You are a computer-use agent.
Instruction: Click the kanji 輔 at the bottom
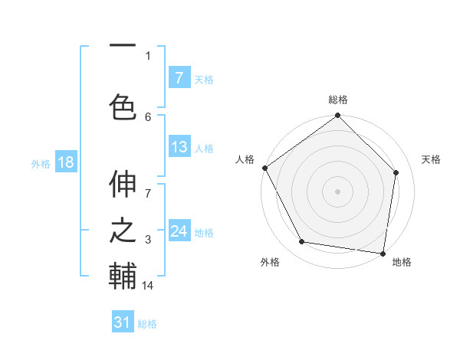(123, 276)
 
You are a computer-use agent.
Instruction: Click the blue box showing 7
(179, 78)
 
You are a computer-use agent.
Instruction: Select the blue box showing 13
(179, 148)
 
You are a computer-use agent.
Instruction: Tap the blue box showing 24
(179, 232)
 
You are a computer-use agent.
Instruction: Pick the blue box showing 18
(65, 163)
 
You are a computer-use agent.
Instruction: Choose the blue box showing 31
(123, 323)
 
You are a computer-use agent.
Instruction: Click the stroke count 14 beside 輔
(148, 286)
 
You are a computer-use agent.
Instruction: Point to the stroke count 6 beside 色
(148, 116)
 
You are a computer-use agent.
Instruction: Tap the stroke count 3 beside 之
(148, 241)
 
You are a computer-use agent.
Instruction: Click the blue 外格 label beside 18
(40, 164)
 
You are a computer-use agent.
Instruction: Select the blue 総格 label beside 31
(147, 324)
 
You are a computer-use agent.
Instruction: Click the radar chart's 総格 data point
(337, 116)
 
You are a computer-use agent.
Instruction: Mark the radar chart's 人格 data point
(265, 168)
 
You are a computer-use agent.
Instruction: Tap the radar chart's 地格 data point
(383, 253)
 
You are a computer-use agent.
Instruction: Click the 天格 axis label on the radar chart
(432, 159)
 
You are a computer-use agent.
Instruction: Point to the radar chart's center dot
(337, 191)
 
